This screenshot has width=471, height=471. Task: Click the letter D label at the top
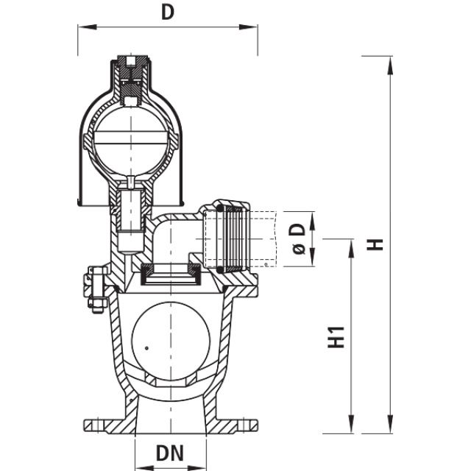pos(169,13)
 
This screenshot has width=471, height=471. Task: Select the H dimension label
pos(377,244)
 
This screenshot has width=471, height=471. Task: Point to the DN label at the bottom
pos(169,452)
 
